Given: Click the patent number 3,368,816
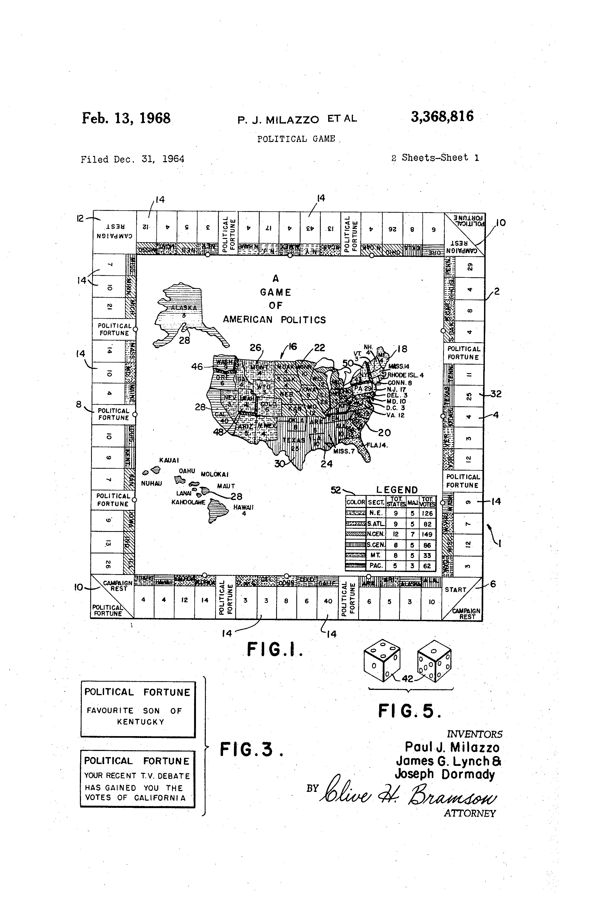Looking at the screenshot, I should tap(442, 116).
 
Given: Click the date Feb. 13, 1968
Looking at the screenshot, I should tap(126, 118).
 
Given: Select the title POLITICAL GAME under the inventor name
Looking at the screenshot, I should tap(296, 139).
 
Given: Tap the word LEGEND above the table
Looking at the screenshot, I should tap(397, 490).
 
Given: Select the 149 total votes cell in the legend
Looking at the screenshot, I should tap(427, 534).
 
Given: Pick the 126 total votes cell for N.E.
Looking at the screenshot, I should tap(427, 513).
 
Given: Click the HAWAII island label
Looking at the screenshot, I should tap(243, 507).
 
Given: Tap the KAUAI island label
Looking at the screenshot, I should tap(169, 460).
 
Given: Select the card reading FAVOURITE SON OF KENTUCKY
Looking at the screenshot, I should tap(138, 710).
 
